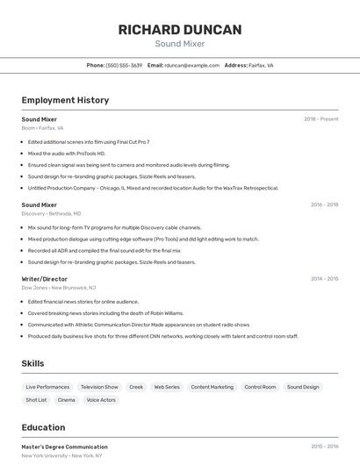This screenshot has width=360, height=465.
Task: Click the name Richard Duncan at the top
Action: (180, 30)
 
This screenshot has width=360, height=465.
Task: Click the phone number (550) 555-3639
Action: (124, 65)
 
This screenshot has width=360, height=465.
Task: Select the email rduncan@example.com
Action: (191, 65)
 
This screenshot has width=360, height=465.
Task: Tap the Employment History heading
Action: (65, 100)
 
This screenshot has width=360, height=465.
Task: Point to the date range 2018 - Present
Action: (320, 118)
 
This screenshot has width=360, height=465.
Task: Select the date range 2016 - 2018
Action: (324, 204)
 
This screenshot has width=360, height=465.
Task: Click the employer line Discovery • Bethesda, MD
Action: (51, 213)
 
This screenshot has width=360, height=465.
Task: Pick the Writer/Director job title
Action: (44, 279)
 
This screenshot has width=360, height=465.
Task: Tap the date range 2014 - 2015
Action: (324, 279)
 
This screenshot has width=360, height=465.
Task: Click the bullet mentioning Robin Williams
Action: (105, 312)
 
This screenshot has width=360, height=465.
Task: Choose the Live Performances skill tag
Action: (47, 387)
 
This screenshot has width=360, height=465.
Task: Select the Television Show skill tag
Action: (99, 387)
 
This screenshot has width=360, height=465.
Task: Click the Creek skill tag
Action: (136, 387)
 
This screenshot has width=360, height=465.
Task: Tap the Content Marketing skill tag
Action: (212, 387)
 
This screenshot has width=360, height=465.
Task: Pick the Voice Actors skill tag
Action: (101, 400)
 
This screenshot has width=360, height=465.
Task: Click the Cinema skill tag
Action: (67, 400)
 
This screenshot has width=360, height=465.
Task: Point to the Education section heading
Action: (43, 428)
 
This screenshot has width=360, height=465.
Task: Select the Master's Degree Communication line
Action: (64, 447)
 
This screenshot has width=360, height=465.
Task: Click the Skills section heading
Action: (32, 363)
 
